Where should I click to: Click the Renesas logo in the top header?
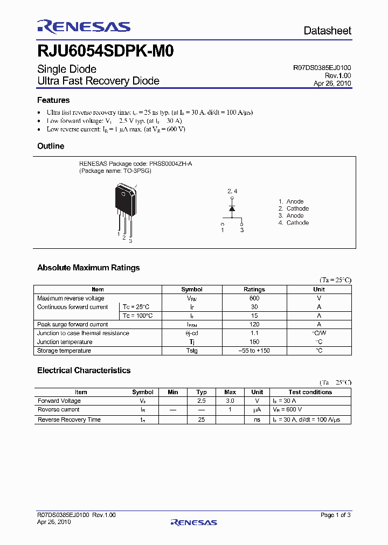pos(84,27)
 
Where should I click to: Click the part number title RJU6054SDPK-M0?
pos(105,52)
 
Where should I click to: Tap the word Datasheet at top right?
pos(327,31)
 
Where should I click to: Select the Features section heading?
pos(53,100)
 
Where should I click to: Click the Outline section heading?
pos(51,146)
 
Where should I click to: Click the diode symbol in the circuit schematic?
pos(232,208)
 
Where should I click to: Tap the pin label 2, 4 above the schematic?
pos(232,191)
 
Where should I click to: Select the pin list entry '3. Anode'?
pos(291,215)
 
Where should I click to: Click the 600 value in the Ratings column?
pos(254,298)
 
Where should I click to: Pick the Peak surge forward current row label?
pos(72,325)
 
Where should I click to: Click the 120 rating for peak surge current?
pos(254,325)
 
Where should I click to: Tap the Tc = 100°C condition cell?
pos(137,316)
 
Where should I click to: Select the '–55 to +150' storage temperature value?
pos(254,351)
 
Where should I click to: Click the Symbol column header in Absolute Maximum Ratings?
pos(192,289)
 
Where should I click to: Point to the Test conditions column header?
pos(310,392)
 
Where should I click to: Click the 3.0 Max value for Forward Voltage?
pos(230,401)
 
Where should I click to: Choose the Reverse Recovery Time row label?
pos(69,420)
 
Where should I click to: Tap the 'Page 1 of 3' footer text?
pos(335,515)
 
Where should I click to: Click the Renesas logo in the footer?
pos(193,522)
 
